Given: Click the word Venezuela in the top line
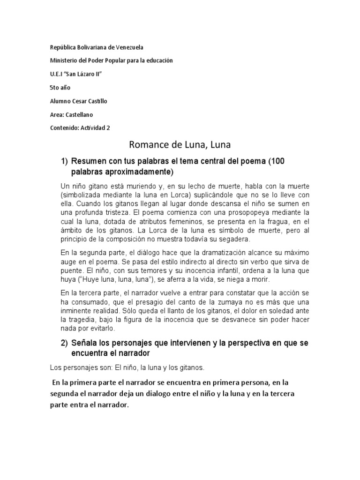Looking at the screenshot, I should [129, 47].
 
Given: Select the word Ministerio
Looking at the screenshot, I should [65, 60].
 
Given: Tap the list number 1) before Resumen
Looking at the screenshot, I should [65, 161].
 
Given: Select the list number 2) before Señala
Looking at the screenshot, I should [65, 343].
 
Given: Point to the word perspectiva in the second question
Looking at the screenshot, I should [255, 343].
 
